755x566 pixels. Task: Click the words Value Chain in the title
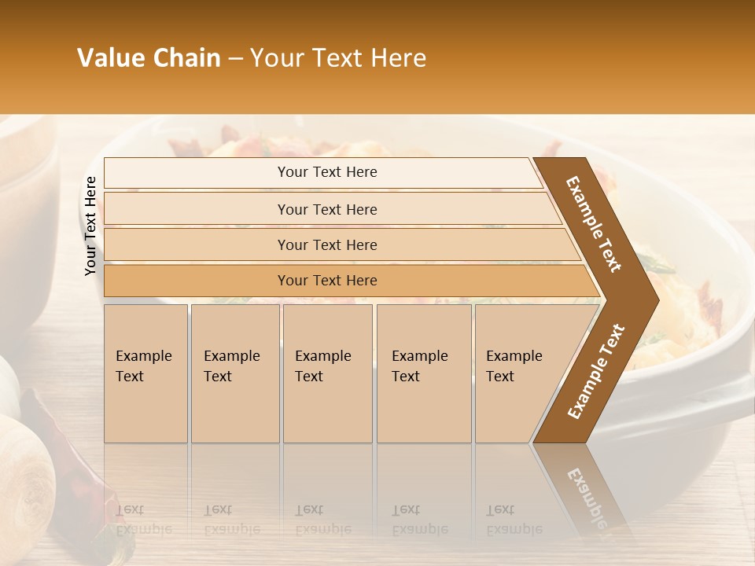pos(149,58)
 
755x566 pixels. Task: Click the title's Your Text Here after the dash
pos(338,58)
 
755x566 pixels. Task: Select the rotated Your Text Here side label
pos(91,226)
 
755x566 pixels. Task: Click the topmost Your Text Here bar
pos(327,172)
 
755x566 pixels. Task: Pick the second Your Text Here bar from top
pos(327,209)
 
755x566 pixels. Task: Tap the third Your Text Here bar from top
pos(327,244)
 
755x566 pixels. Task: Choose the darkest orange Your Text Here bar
pos(327,281)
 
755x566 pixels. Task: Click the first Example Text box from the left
pos(145,373)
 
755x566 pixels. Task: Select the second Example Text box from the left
pos(234,373)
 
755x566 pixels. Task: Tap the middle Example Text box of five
pos(327,373)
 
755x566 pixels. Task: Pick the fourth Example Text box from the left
pos(423,373)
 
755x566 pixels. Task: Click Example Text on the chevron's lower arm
pos(596,371)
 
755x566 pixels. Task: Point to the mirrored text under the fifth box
pos(514,520)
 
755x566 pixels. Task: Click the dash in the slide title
pos(235,59)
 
